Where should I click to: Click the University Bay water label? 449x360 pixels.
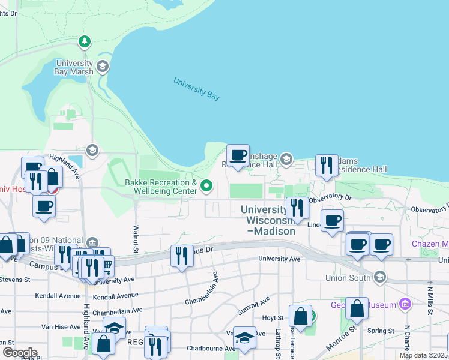(x=197, y=88)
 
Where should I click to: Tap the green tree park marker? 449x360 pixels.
(x=85, y=42)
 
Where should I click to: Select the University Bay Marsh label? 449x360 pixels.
(x=75, y=67)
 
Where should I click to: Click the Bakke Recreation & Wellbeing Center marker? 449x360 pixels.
(x=207, y=185)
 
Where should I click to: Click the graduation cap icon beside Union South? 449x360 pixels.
(x=379, y=277)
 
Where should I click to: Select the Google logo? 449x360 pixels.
(x=20, y=352)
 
